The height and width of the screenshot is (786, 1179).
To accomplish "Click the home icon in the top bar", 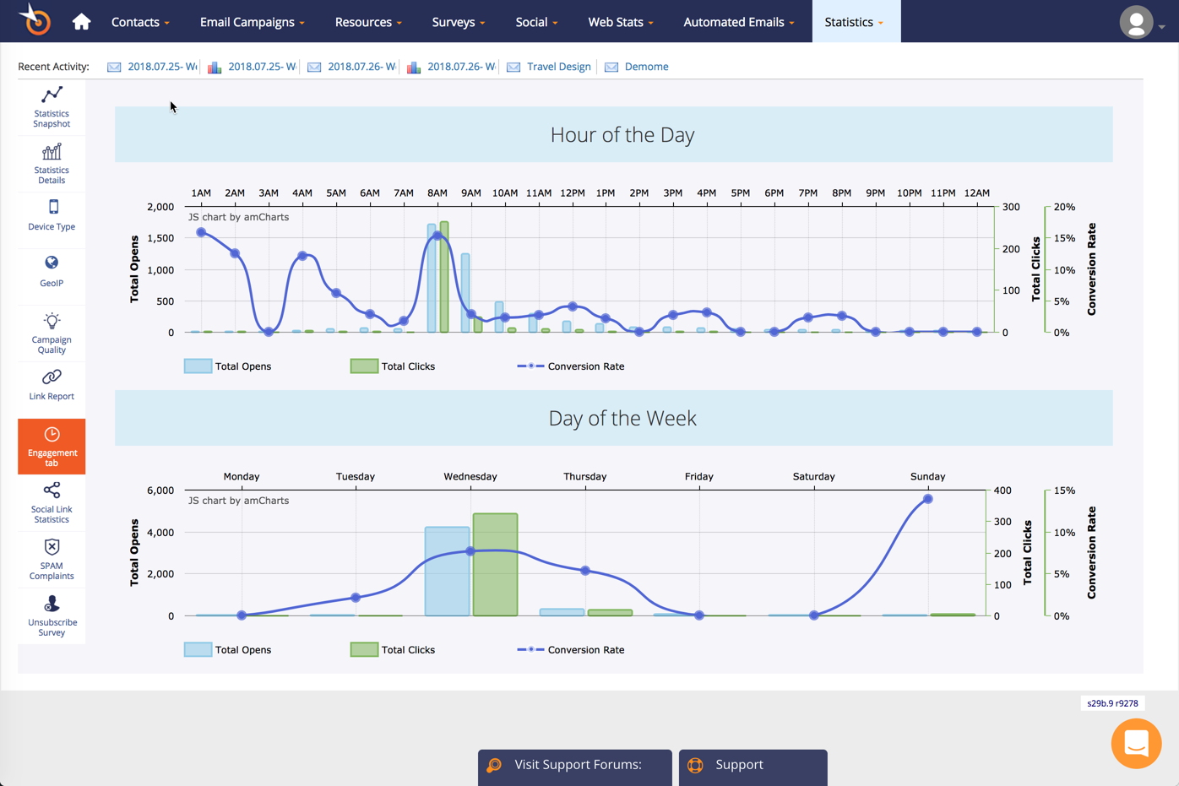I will pyautogui.click(x=81, y=22).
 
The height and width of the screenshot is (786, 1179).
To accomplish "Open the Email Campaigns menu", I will pyautogui.click(x=252, y=22).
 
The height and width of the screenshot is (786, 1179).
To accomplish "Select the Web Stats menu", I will pyautogui.click(x=620, y=22).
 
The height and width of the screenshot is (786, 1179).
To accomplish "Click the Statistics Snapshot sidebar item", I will pyautogui.click(x=52, y=107).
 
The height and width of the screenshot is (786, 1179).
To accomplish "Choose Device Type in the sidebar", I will pyautogui.click(x=52, y=215).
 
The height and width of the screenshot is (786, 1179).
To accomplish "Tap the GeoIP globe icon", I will pyautogui.click(x=52, y=263).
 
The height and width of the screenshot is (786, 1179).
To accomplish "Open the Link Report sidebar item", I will pyautogui.click(x=52, y=384).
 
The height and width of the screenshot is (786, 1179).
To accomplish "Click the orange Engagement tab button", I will pyautogui.click(x=52, y=446).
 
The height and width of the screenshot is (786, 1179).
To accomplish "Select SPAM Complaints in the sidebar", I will pyautogui.click(x=52, y=559).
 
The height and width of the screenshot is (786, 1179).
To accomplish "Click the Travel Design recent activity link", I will pyautogui.click(x=558, y=67).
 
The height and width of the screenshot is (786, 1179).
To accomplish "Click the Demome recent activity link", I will pyautogui.click(x=646, y=67).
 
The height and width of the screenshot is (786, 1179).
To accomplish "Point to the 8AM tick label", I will pyautogui.click(x=437, y=193).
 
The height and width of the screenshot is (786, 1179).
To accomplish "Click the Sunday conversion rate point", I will pyautogui.click(x=927, y=499).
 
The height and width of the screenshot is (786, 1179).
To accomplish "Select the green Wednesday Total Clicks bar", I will pyautogui.click(x=495, y=564).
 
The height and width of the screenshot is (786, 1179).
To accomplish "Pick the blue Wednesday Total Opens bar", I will pyautogui.click(x=447, y=571).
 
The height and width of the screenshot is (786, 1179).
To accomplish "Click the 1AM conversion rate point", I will pyautogui.click(x=201, y=232).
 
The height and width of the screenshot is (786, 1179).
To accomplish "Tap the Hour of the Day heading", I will pyautogui.click(x=622, y=135).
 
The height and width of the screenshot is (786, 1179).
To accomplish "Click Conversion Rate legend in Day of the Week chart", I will pyautogui.click(x=584, y=650).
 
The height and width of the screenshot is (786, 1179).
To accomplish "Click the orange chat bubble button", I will pyautogui.click(x=1136, y=743).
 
